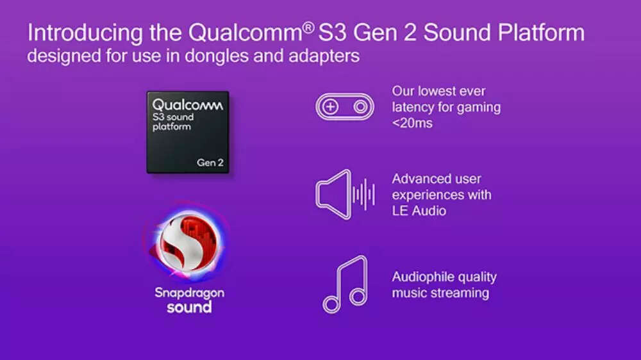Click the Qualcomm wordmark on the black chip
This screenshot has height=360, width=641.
187,104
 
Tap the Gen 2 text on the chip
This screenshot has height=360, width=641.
210,163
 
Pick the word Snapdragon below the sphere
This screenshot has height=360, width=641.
189,293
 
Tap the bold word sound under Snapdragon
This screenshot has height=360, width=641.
189,307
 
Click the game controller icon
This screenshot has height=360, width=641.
344,106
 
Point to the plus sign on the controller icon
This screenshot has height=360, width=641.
330,106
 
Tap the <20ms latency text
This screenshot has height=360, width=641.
412,123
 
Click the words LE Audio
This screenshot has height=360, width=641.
419,209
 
